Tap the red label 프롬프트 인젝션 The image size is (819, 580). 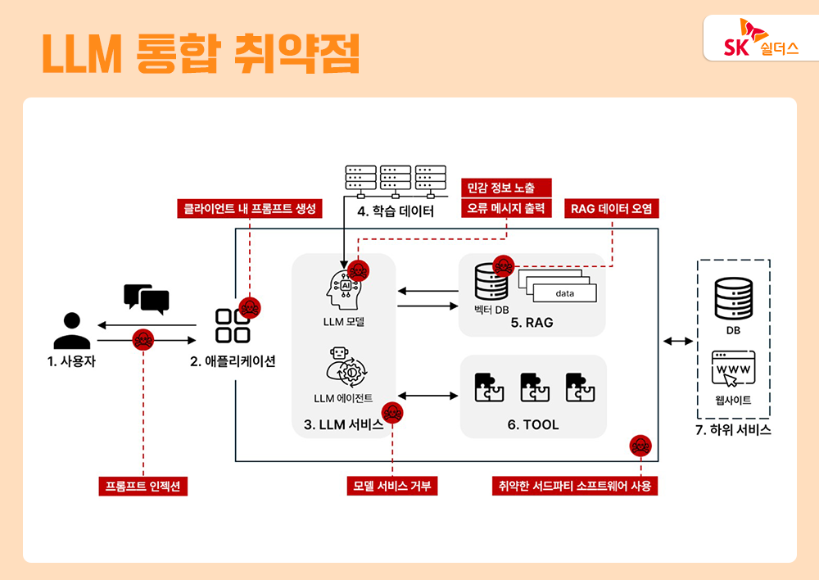pos(143,486)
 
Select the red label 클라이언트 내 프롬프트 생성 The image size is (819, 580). pos(250,208)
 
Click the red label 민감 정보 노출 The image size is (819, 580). pos(506,188)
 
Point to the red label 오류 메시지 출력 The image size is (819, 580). pos(506,208)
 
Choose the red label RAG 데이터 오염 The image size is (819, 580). pos(613,208)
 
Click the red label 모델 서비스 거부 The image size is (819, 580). pos(391,486)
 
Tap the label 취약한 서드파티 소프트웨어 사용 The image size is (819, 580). pos(575,486)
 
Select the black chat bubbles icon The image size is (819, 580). pos(146,299)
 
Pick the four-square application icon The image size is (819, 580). pos(232,325)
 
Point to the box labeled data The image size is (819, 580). pos(565,292)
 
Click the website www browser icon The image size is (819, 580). pos(734,370)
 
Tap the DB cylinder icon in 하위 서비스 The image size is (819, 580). pos(733,299)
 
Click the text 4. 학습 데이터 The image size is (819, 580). pos(396,211)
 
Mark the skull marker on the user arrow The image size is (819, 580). pos(143,339)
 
